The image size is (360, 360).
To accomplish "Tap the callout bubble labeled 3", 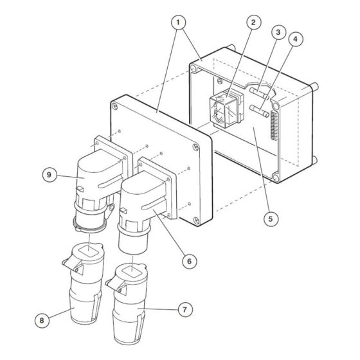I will pyautogui.click(x=278, y=32).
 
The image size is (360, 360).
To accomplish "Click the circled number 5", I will pyautogui.click(x=271, y=218).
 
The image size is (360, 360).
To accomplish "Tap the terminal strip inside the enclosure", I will pyautogui.click(x=275, y=125).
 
